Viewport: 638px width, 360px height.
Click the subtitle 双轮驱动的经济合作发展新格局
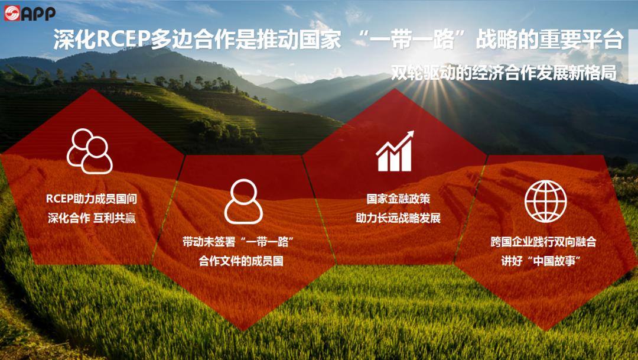click(x=504, y=72)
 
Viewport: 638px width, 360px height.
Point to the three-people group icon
click(x=89, y=151)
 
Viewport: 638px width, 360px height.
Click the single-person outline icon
click(x=243, y=202)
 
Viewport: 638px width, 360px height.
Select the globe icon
click(x=545, y=201)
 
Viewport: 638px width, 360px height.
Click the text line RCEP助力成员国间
click(x=91, y=199)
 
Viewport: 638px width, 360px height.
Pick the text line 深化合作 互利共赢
click(x=91, y=218)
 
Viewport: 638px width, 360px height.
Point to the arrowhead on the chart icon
click(x=408, y=137)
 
